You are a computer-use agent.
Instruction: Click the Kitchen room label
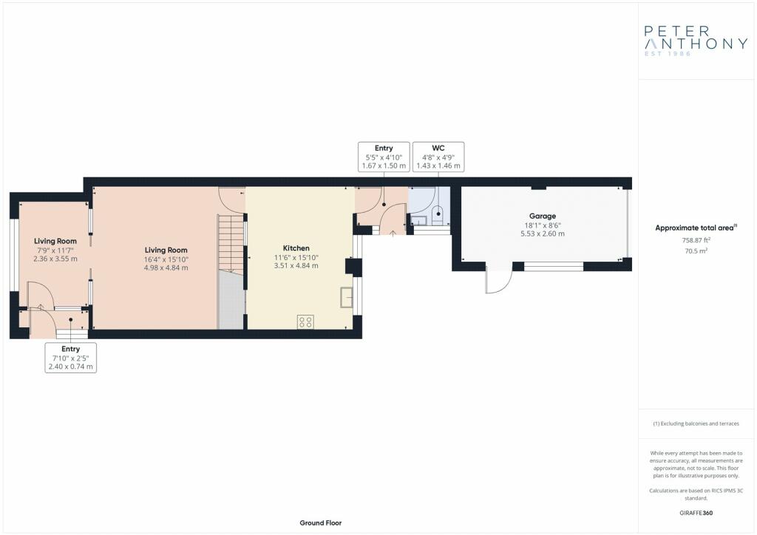(296, 248)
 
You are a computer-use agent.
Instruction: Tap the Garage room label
(542, 216)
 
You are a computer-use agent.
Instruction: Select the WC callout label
(438, 157)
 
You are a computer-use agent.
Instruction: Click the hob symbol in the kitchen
(305, 321)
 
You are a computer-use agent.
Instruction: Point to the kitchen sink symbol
(347, 297)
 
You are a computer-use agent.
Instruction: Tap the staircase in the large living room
(231, 245)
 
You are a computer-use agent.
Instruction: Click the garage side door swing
(499, 280)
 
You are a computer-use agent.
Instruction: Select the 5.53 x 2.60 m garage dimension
(542, 234)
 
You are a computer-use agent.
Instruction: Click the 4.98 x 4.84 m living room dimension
(166, 267)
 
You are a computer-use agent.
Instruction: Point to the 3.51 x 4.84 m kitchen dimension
(296, 265)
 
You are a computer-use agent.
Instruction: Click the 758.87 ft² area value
(696, 239)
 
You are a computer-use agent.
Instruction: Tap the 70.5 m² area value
(696, 251)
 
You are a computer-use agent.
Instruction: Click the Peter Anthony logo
(696, 41)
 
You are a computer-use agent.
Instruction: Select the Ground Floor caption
(321, 523)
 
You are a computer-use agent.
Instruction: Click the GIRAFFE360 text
(696, 513)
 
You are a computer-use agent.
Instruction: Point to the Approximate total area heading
(696, 228)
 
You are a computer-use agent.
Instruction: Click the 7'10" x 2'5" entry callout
(70, 358)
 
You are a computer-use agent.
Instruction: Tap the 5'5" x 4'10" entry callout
(384, 157)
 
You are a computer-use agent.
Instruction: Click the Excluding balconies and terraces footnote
(696, 423)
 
